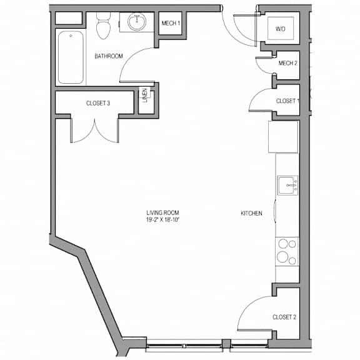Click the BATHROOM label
109,56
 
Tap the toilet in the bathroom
103,25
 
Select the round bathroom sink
137,22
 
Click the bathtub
71,57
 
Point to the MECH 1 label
171,23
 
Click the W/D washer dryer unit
281,28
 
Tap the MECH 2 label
287,63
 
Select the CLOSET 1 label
287,101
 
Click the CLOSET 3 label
98,103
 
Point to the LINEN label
145,95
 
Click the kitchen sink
287,185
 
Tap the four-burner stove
287,252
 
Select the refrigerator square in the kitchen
283,137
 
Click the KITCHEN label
251,213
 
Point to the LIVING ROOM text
162,213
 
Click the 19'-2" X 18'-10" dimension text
162,220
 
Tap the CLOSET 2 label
284,317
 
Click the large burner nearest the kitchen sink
283,244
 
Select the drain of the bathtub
71,36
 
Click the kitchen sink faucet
292,185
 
